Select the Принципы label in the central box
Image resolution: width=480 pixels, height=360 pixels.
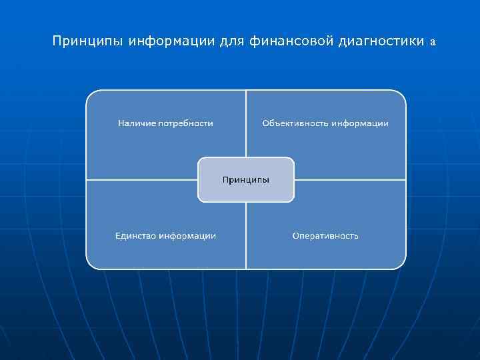coord(246,179)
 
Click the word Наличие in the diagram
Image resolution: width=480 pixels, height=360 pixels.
coord(137,123)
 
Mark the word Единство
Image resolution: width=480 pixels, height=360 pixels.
coord(135,235)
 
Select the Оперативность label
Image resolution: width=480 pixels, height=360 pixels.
coord(325,235)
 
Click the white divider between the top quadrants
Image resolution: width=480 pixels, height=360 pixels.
coord(246,123)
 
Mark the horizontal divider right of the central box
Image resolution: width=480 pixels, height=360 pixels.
coord(350,179)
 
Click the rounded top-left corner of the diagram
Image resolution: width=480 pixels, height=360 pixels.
coord(91,95)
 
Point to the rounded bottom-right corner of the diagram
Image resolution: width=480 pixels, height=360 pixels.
coord(401,265)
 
